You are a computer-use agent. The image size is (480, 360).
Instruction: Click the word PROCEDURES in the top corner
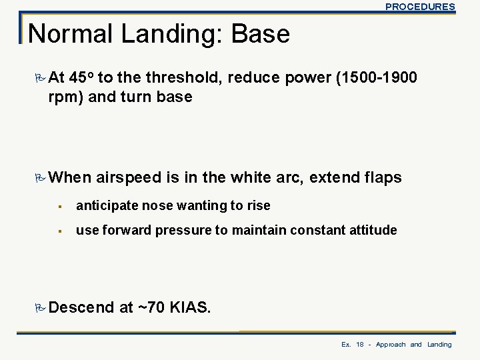click(420, 7)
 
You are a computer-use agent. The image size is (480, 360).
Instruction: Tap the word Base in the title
click(260, 33)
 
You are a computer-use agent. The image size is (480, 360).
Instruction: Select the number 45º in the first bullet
click(81, 78)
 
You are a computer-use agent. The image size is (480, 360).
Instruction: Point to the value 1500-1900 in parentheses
click(378, 78)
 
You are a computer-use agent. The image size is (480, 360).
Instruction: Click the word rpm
click(64, 97)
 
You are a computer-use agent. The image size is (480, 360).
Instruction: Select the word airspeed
click(129, 177)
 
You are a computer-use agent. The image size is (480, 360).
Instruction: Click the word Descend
click(81, 307)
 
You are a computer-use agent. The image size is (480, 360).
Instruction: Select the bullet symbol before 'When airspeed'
click(41, 177)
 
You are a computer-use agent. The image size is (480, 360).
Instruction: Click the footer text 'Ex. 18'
click(353, 344)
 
